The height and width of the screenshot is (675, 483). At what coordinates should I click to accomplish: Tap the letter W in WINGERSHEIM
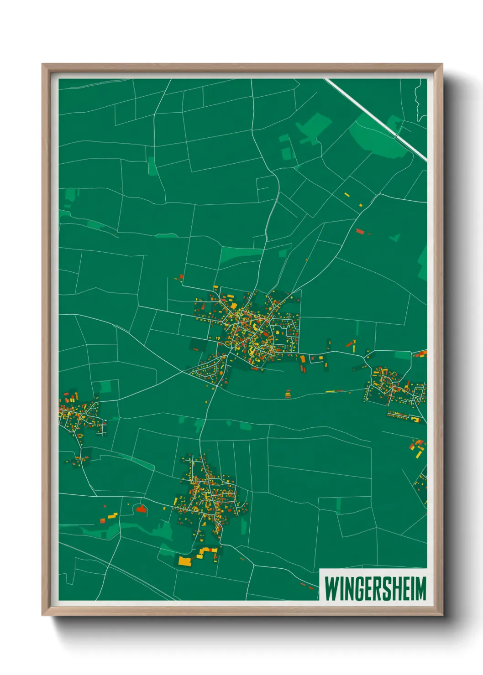(331, 588)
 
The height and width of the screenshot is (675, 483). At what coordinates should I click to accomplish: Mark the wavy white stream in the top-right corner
(418, 100)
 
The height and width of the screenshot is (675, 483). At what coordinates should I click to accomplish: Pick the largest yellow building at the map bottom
(184, 561)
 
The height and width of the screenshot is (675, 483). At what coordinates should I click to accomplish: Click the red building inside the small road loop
(141, 508)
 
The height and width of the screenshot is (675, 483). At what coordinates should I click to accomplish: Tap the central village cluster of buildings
(249, 328)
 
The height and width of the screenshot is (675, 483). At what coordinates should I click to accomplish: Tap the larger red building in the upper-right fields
(360, 231)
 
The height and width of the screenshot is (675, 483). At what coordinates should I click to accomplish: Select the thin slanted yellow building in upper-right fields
(347, 195)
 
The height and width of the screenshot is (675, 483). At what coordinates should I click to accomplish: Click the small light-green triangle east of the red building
(395, 238)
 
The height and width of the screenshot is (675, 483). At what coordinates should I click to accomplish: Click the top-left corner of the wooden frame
(42, 64)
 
